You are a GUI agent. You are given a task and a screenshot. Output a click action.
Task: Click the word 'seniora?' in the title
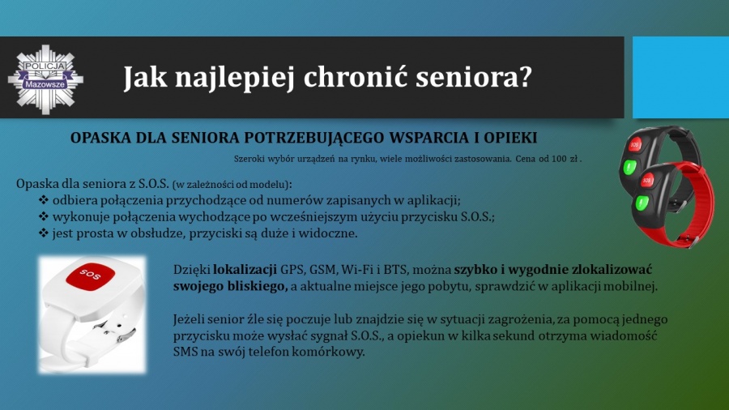click(x=473, y=77)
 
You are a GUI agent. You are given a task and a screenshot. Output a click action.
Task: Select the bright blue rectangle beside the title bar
click(x=680, y=77)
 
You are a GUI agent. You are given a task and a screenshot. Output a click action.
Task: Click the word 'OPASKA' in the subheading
click(x=100, y=138)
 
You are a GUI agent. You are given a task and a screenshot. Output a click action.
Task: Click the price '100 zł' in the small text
click(x=565, y=159)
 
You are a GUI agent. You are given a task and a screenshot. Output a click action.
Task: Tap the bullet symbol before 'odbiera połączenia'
click(x=43, y=200)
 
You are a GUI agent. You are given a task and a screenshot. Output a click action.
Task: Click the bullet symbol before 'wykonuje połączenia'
click(x=43, y=216)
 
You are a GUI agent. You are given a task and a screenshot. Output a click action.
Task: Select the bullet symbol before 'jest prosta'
click(x=43, y=233)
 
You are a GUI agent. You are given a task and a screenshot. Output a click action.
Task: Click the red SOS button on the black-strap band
click(x=635, y=144)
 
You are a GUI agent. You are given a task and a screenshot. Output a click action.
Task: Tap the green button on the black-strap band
click(x=629, y=168)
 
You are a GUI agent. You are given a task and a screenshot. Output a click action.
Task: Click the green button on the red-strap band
click(x=642, y=203)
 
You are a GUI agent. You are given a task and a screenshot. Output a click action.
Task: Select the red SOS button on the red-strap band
click(x=647, y=179)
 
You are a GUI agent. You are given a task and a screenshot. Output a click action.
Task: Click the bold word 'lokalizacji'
click(x=245, y=270)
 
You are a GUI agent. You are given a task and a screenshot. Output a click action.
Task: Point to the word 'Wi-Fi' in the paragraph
click(x=356, y=270)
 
